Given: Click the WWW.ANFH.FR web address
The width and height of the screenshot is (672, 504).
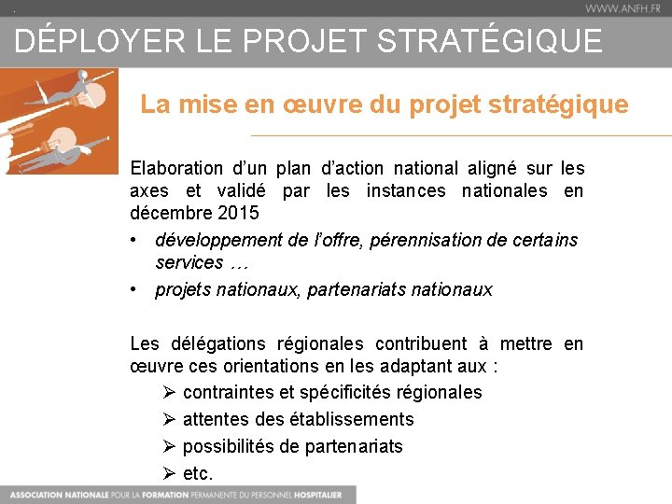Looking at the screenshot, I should point(624,8).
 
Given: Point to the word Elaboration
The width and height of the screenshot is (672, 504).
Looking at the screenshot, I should point(176,169).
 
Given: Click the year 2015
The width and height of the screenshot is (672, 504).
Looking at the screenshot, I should point(238,214).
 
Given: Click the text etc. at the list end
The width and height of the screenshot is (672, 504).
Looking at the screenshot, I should point(198,474).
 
